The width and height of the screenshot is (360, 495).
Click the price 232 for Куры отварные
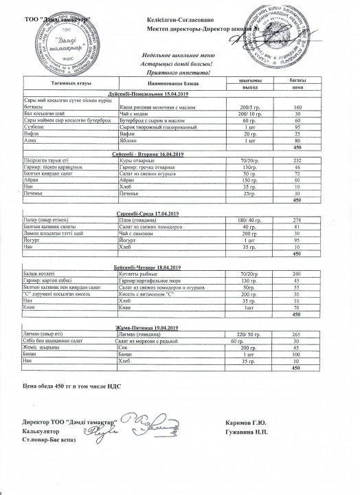click(x=297, y=161)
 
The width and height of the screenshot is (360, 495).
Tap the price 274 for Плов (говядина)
click(x=297, y=219)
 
